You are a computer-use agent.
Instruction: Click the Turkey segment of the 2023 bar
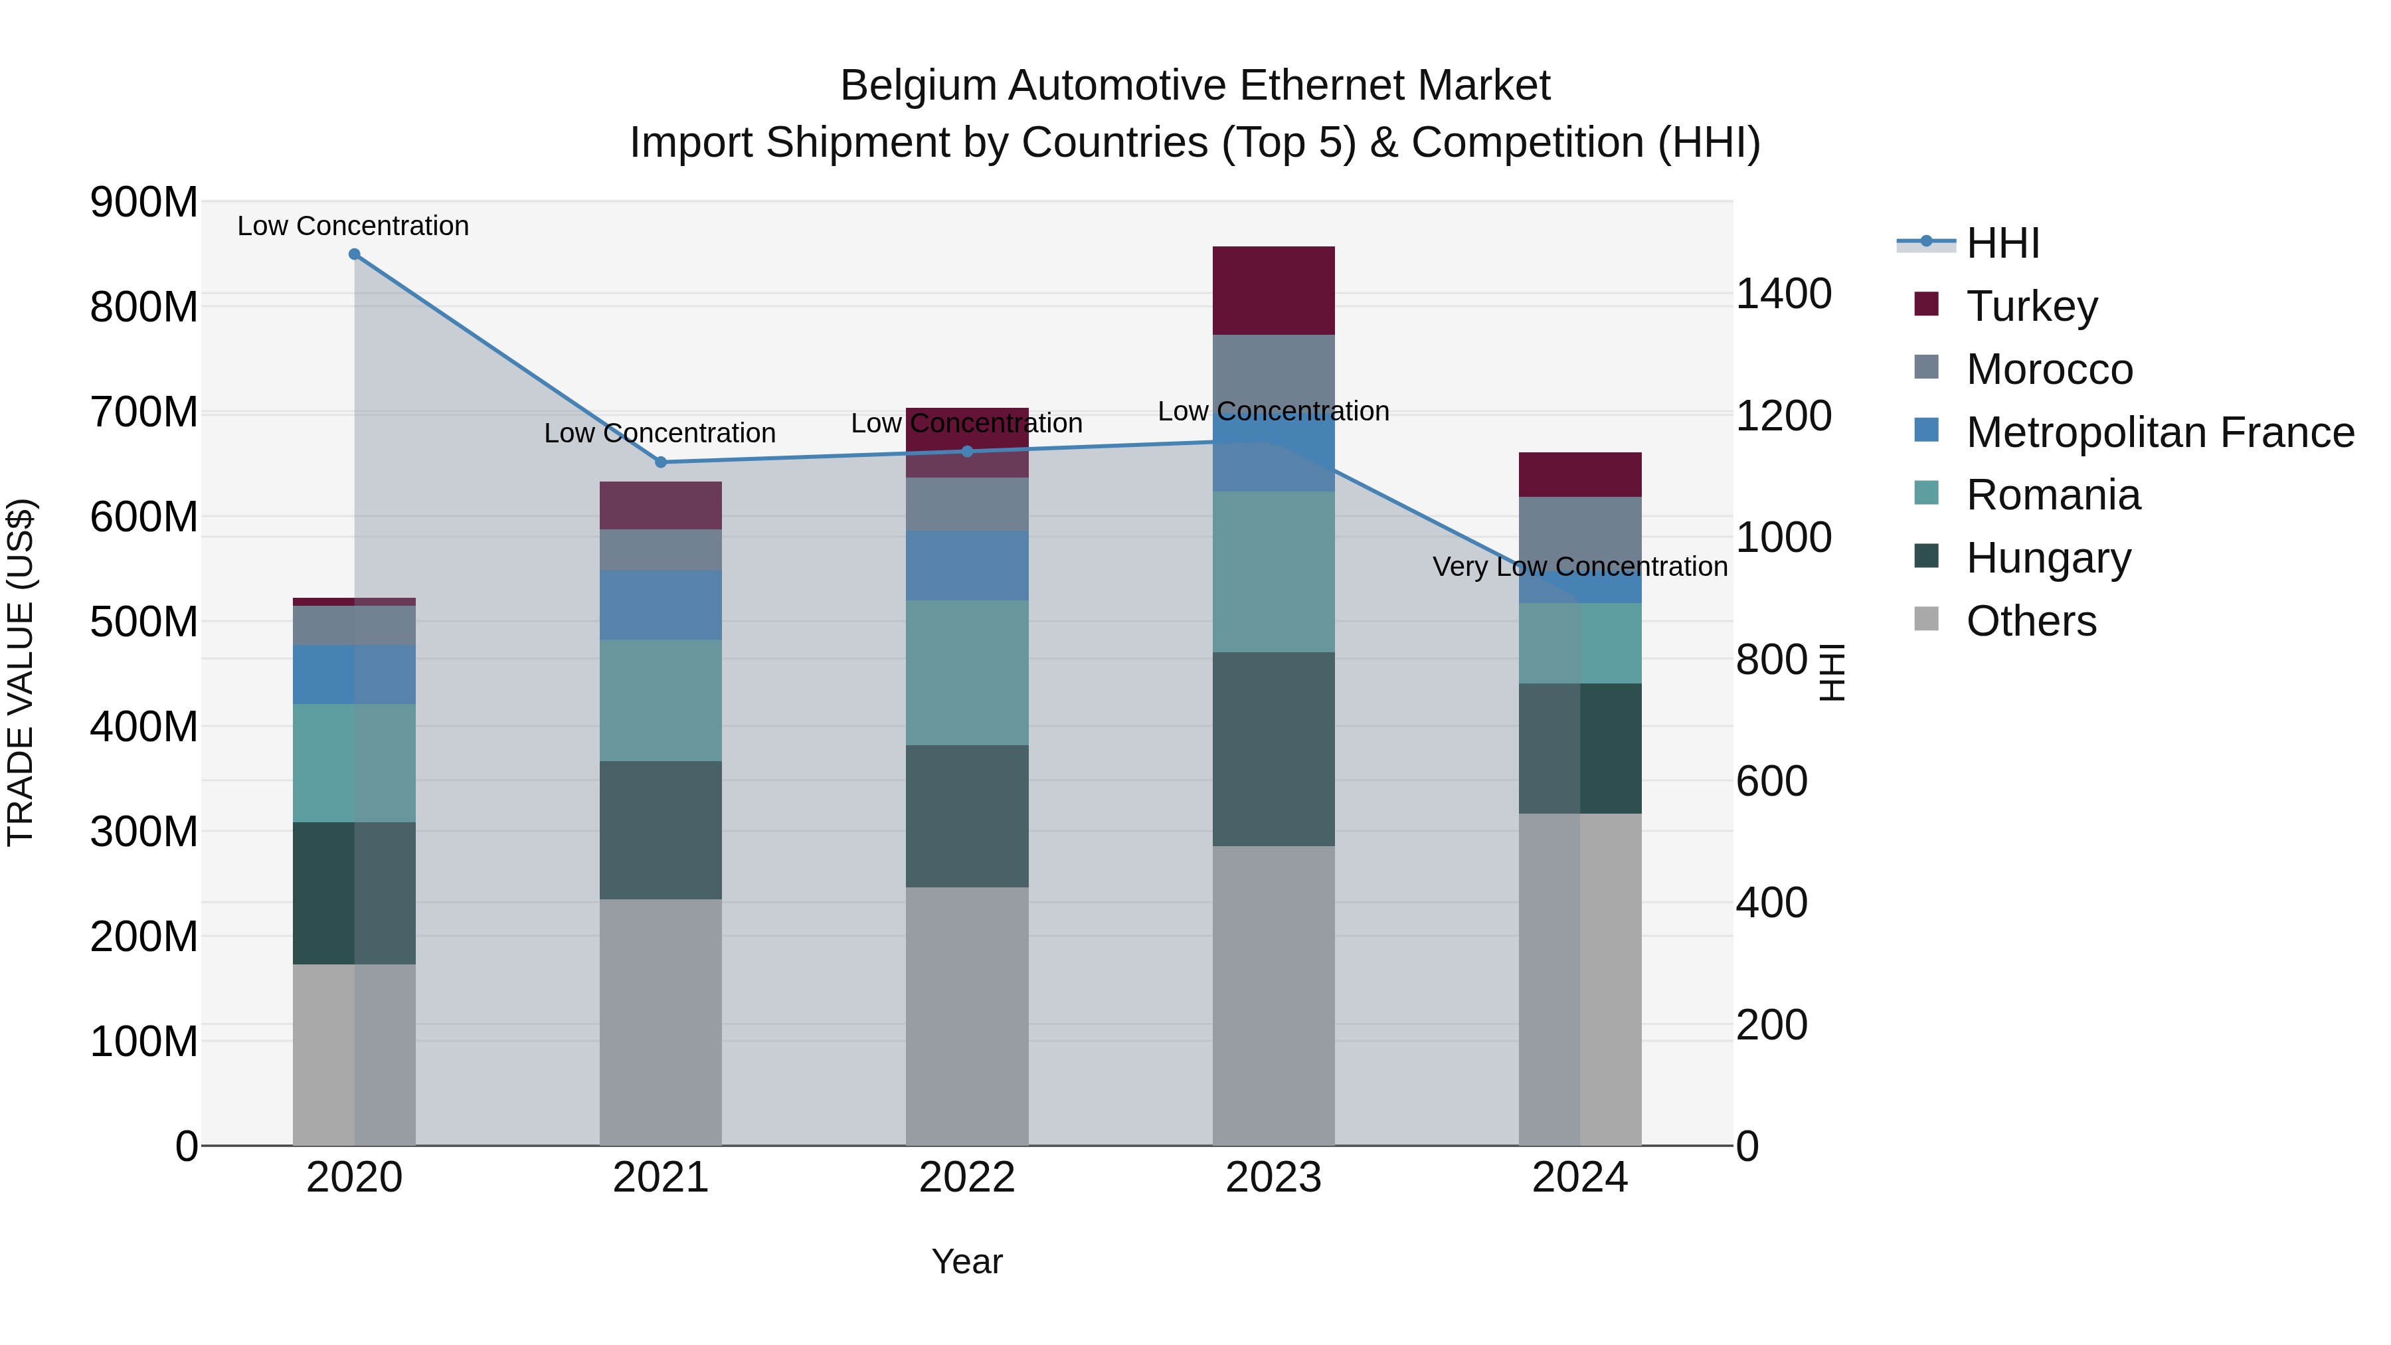point(1273,290)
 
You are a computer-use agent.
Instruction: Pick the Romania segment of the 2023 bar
point(1273,572)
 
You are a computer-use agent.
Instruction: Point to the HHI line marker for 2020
point(355,254)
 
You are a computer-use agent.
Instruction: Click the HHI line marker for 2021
point(661,462)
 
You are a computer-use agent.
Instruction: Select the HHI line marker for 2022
point(967,452)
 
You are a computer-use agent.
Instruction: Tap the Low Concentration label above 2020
point(353,226)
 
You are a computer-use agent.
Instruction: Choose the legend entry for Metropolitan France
point(2159,432)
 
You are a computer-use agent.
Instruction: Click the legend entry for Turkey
point(2031,306)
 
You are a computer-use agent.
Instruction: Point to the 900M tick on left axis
point(144,203)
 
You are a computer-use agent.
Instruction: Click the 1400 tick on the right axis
point(1783,294)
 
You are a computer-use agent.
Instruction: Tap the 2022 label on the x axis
point(967,1178)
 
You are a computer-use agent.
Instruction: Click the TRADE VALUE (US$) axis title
point(21,672)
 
